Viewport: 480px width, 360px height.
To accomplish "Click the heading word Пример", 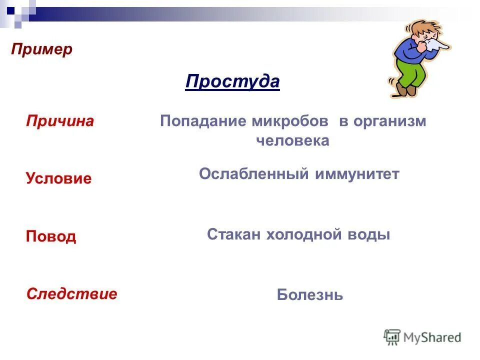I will [x=42, y=49].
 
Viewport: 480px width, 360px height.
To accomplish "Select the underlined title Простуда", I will [x=232, y=81].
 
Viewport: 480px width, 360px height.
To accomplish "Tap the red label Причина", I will [x=60, y=121].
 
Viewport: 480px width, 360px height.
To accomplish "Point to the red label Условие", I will [x=59, y=178].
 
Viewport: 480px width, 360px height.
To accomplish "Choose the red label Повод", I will [x=51, y=236].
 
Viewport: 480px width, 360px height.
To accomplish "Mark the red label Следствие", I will [x=71, y=293].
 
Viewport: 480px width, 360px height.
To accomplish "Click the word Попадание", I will [x=203, y=122].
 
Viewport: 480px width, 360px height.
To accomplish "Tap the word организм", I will [x=389, y=122].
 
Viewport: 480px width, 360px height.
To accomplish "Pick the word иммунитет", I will [x=357, y=174].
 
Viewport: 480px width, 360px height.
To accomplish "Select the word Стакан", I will [x=233, y=234].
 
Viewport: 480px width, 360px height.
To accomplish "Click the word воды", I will [x=371, y=234].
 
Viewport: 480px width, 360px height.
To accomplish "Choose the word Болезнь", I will [x=310, y=295].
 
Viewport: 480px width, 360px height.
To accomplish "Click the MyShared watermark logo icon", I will [x=392, y=337].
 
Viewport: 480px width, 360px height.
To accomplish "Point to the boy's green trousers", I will [x=413, y=70].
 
